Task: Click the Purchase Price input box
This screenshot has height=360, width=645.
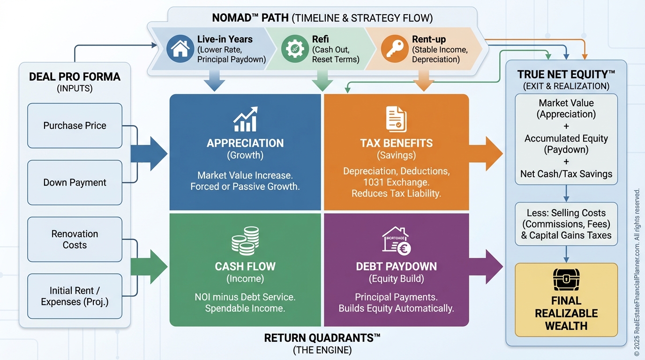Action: click(x=75, y=126)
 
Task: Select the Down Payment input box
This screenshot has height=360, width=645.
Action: click(x=75, y=182)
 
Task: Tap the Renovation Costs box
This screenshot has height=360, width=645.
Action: click(x=75, y=239)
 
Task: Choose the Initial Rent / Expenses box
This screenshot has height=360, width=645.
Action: click(x=75, y=296)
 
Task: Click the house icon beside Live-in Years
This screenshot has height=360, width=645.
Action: click(x=180, y=48)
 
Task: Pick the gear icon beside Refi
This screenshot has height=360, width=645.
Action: click(x=295, y=49)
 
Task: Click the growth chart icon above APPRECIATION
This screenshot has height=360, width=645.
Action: click(x=245, y=119)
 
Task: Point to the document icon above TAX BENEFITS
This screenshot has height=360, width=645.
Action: click(x=396, y=119)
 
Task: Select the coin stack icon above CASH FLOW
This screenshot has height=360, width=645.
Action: click(x=245, y=241)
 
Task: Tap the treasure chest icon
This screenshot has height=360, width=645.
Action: click(x=566, y=280)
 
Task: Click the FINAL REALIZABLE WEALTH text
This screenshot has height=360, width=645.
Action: click(x=566, y=313)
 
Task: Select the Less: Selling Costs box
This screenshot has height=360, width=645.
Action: click(x=566, y=224)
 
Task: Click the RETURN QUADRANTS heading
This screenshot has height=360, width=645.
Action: click(x=322, y=337)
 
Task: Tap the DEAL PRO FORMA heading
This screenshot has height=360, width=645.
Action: click(x=75, y=77)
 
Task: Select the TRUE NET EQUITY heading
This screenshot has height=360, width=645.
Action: click(x=566, y=74)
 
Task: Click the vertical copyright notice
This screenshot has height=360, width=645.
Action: click(x=637, y=272)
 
